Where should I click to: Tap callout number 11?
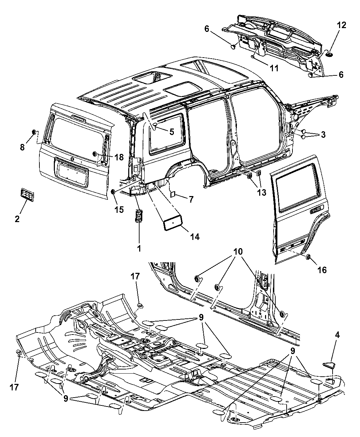click(x=274, y=68)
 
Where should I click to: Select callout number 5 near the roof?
click(x=171, y=131)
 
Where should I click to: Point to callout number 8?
click(x=22, y=147)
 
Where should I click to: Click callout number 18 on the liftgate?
click(x=119, y=157)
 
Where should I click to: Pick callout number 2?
click(x=17, y=218)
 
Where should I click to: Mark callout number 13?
click(x=262, y=193)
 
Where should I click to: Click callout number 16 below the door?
click(x=322, y=270)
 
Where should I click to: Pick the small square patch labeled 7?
click(x=173, y=194)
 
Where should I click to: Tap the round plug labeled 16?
click(x=308, y=257)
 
